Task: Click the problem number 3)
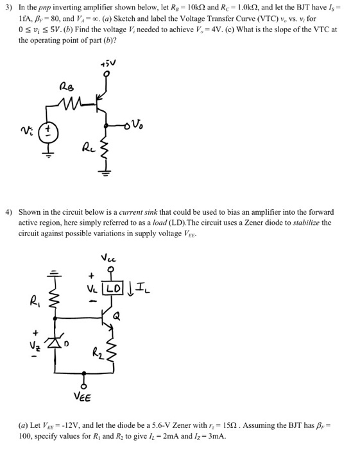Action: [10, 8]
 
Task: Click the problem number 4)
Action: [10, 211]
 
